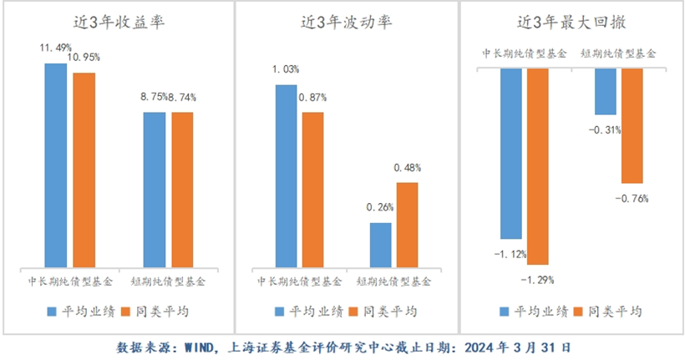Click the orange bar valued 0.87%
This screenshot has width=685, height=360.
[x=313, y=189]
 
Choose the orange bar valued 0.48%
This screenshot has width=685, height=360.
[x=407, y=224]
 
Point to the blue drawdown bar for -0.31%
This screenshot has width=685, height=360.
[x=605, y=91]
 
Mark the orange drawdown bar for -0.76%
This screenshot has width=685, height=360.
[x=632, y=125]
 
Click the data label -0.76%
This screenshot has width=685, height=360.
[x=632, y=199]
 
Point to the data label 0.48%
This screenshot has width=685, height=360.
[x=407, y=168]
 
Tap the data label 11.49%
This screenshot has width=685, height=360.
[x=55, y=48]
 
